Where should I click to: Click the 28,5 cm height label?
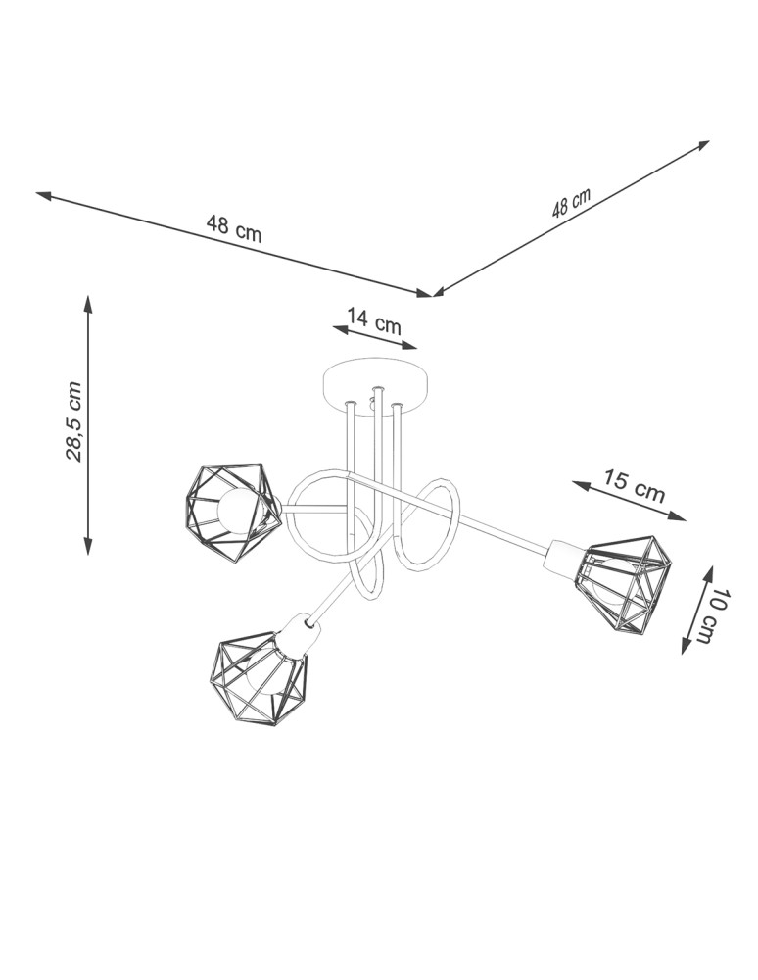[73, 420]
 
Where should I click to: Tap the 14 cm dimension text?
[373, 319]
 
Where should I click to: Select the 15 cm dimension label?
[633, 486]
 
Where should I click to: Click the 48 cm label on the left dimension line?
[234, 228]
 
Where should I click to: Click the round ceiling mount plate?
[376, 387]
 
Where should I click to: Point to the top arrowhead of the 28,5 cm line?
[88, 302]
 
